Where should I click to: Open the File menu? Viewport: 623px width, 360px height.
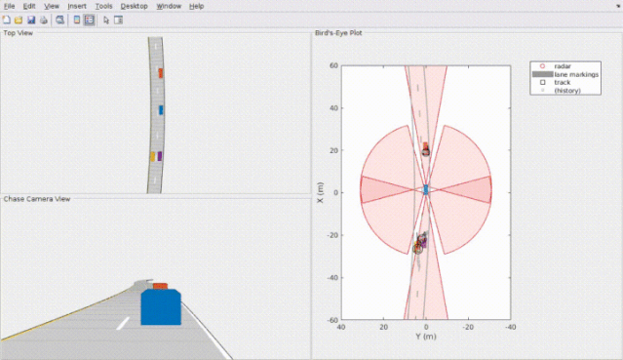[x=9, y=7]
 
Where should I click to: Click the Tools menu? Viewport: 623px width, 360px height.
[x=103, y=7]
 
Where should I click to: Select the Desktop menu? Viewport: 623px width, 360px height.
[x=135, y=7]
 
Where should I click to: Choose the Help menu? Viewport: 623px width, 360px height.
[x=196, y=7]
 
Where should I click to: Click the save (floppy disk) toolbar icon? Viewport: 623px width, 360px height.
[x=31, y=20]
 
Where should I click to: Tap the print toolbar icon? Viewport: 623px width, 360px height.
[x=44, y=20]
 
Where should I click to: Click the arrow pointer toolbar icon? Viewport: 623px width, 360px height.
[x=105, y=20]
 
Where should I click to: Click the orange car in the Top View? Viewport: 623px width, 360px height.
[x=161, y=73]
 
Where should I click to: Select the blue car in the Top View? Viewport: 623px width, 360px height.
[x=161, y=110]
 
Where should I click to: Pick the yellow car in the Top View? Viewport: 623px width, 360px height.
[x=152, y=157]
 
